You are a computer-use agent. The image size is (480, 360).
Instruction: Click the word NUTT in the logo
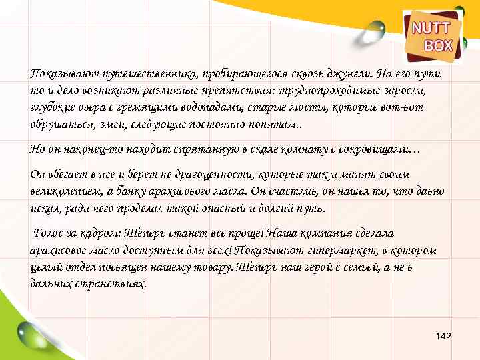(x=431, y=29)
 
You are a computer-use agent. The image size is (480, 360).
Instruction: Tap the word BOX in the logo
(x=438, y=45)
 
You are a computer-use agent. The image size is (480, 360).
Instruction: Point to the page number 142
(x=443, y=336)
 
